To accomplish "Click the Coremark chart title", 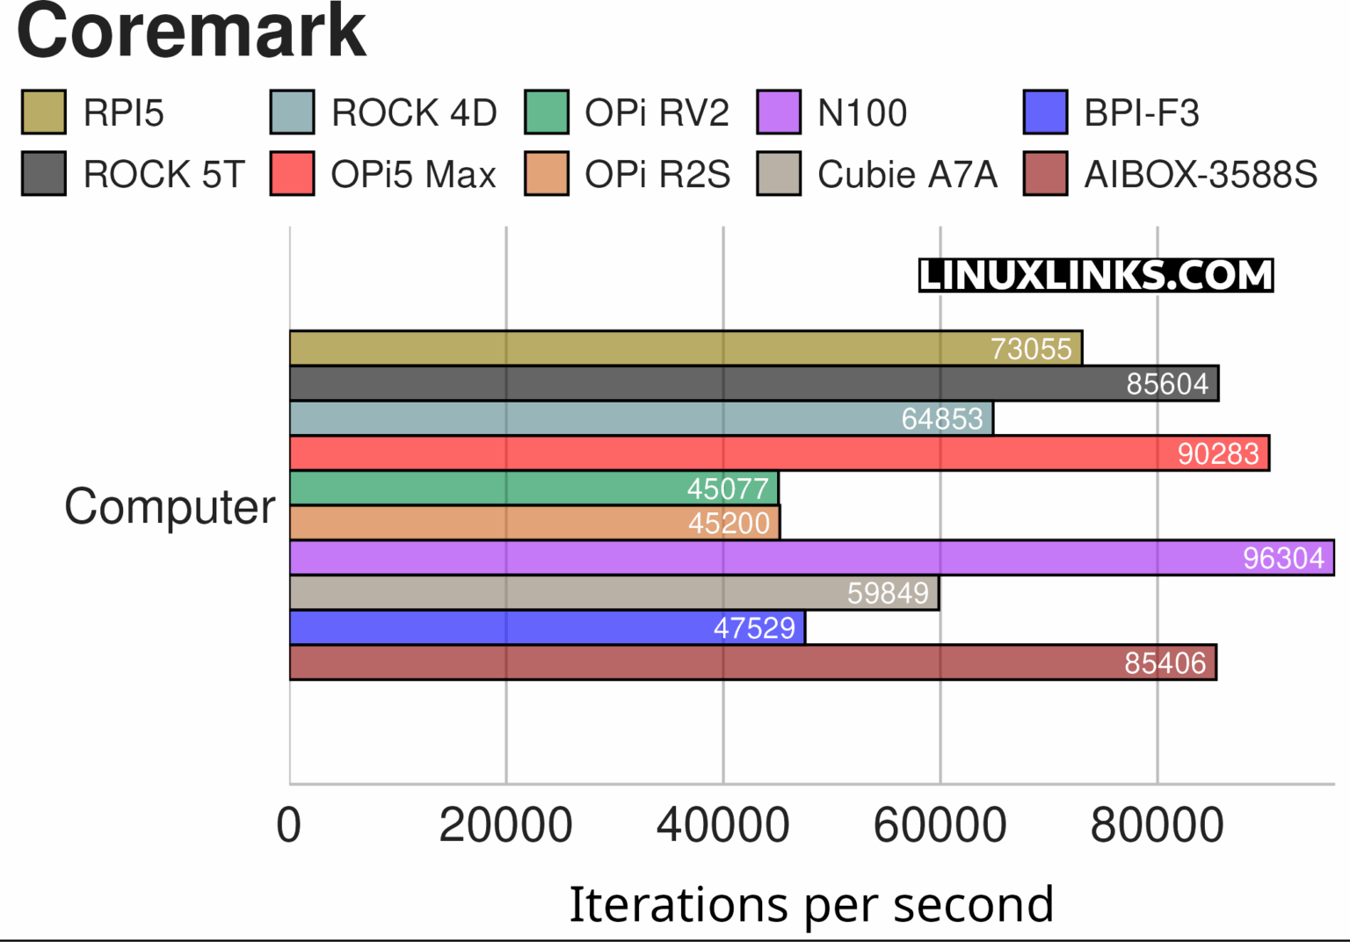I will tap(191, 32).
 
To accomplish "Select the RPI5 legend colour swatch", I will tap(43, 112).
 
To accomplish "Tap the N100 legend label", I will tap(861, 112).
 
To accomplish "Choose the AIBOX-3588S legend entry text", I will tap(1200, 174).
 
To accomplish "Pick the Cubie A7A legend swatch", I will tap(778, 174).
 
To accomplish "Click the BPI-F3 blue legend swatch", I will tap(1045, 112).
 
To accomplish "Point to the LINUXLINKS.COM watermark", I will tap(1095, 275).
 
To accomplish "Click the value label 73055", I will tap(1030, 349).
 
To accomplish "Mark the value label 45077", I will tap(728, 489).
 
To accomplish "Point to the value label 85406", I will tap(1165, 663).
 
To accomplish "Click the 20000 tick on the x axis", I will tap(505, 825).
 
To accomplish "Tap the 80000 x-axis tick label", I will tap(1157, 825).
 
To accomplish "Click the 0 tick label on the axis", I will tap(289, 825).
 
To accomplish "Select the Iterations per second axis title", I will tap(810, 904).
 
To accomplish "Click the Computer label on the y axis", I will tap(170, 507).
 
